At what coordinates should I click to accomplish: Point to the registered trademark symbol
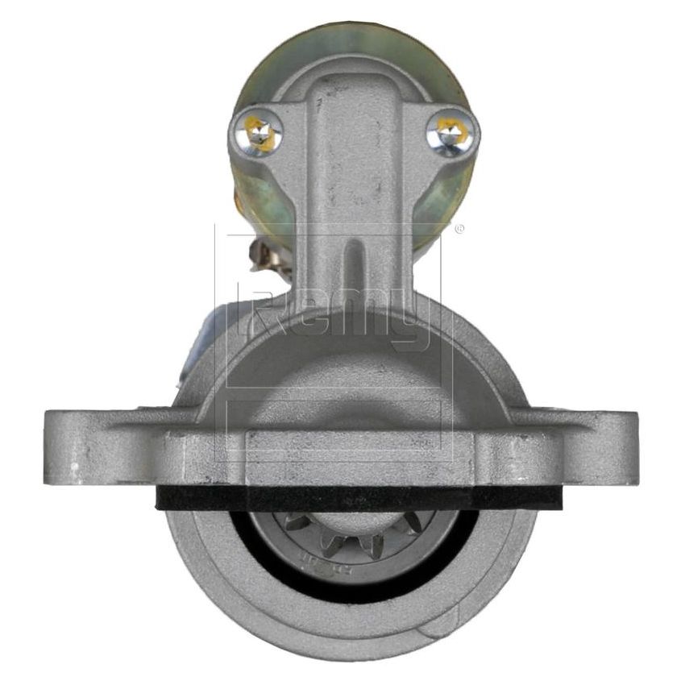[x=459, y=229]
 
